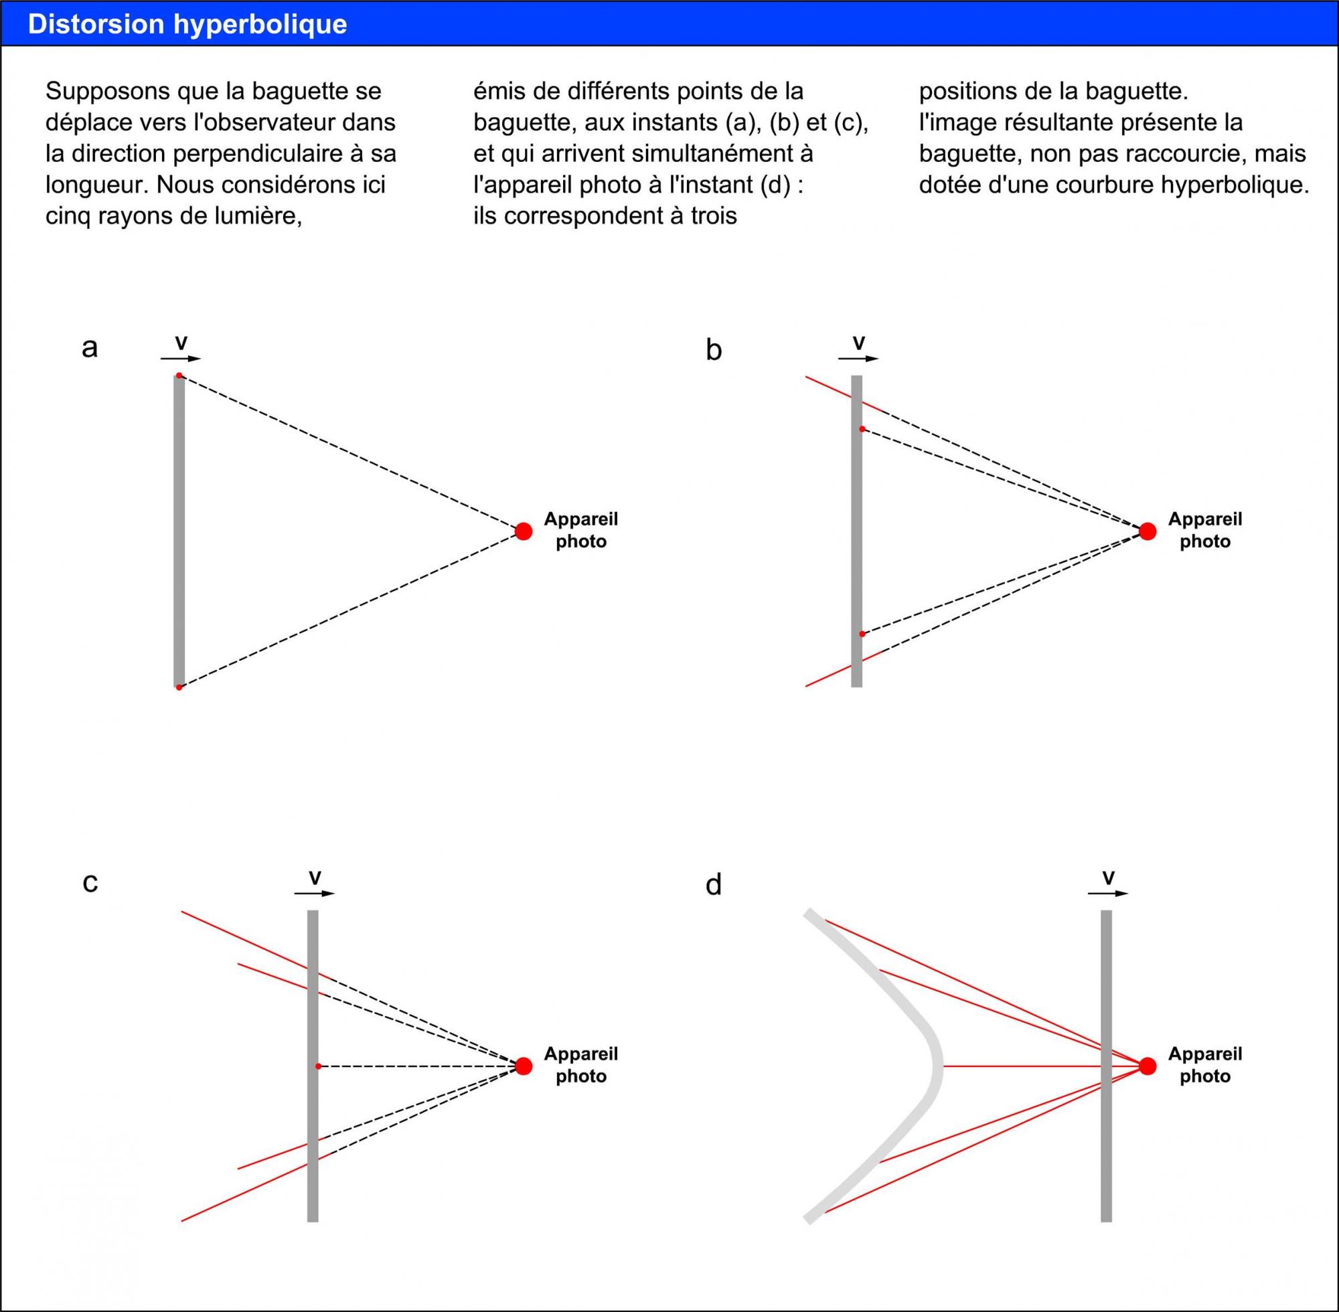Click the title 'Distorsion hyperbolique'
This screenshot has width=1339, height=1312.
(187, 24)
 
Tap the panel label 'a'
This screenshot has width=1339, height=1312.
(90, 349)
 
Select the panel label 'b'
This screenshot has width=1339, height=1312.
(713, 350)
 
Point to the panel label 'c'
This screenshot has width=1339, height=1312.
(90, 883)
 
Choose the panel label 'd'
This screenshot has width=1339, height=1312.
(713, 884)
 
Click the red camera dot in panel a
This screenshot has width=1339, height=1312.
(523, 531)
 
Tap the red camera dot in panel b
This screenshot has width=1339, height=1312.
(1147, 531)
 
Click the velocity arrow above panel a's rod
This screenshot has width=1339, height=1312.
(181, 358)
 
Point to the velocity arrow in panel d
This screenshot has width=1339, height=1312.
(1107, 893)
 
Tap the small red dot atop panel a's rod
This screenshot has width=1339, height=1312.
(179, 376)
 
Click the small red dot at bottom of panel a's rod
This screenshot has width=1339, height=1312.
(179, 687)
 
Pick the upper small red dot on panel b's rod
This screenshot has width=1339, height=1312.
(862, 428)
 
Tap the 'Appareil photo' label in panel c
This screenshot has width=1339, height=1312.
(580, 1064)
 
